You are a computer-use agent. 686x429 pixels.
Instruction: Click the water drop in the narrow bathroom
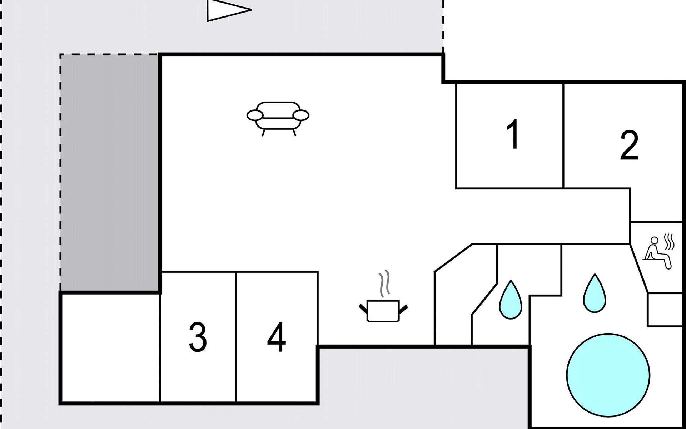coord(511,300)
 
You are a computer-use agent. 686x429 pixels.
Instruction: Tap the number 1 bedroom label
coord(513,134)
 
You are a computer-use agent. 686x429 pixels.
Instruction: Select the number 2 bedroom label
coord(629,145)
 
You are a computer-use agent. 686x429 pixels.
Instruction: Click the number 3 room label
coord(198,337)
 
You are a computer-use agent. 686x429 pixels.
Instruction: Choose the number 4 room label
coord(276,337)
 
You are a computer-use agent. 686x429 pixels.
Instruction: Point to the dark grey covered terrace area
coord(109,173)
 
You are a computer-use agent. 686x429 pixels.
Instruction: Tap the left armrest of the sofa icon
coord(255,115)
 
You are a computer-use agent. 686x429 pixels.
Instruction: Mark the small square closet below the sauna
coord(665,310)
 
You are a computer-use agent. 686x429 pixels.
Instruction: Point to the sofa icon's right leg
coord(294,133)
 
